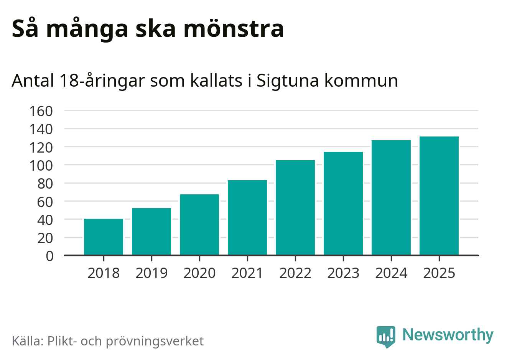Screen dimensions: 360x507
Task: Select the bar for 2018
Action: click(104, 237)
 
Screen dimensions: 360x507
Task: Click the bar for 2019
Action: click(151, 232)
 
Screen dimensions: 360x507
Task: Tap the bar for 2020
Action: click(199, 225)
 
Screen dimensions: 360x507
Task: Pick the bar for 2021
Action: click(247, 217)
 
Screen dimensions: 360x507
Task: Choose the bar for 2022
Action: click(295, 207)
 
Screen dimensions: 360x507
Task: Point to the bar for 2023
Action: click(343, 203)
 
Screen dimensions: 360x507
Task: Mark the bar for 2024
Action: click(391, 197)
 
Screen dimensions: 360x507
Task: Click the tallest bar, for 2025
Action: click(439, 196)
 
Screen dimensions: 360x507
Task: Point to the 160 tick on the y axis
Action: click(41, 111)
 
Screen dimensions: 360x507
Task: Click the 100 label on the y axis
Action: click(41, 166)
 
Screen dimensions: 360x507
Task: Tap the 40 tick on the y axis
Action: click(45, 220)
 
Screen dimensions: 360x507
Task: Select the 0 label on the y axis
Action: click(50, 256)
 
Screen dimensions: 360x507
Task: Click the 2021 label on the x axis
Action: click(247, 273)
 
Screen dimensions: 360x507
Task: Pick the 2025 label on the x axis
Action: click(439, 273)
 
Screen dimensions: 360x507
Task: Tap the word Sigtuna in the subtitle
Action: click(287, 81)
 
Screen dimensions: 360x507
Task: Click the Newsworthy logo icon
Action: click(385, 336)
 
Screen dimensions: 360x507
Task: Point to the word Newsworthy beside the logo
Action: click(448, 335)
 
